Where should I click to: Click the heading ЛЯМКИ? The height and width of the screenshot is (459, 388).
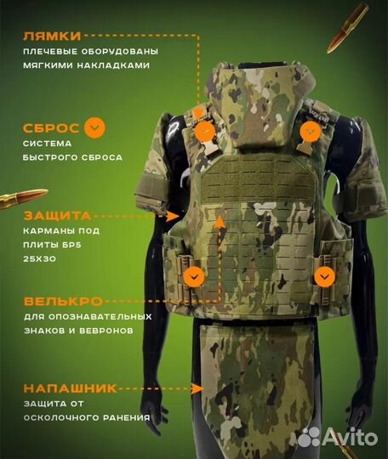pyautogui.click(x=53, y=37)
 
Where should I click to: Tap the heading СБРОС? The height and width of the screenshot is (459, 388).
pyautogui.click(x=52, y=128)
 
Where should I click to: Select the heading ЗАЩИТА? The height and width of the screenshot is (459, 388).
pyautogui.click(x=58, y=217)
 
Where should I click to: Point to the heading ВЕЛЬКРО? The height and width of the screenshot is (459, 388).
pyautogui.click(x=63, y=302)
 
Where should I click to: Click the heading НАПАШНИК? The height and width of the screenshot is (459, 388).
pyautogui.click(x=70, y=388)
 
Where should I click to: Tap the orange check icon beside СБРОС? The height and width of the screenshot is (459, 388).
pyautogui.click(x=96, y=128)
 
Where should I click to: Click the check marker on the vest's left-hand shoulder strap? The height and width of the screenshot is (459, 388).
pyautogui.click(x=204, y=131)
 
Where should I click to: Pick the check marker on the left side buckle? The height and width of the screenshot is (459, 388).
pyautogui.click(x=195, y=275)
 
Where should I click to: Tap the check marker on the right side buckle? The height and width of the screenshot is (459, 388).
pyautogui.click(x=323, y=275)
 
